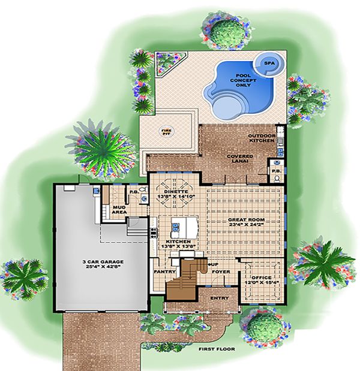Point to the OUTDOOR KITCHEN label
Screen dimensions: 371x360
tap(262, 139)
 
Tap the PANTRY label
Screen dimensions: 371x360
tap(164, 271)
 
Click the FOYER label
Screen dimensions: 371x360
tap(220, 271)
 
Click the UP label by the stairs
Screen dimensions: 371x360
tap(211, 263)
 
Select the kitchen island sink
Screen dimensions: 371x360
tap(176, 226)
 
